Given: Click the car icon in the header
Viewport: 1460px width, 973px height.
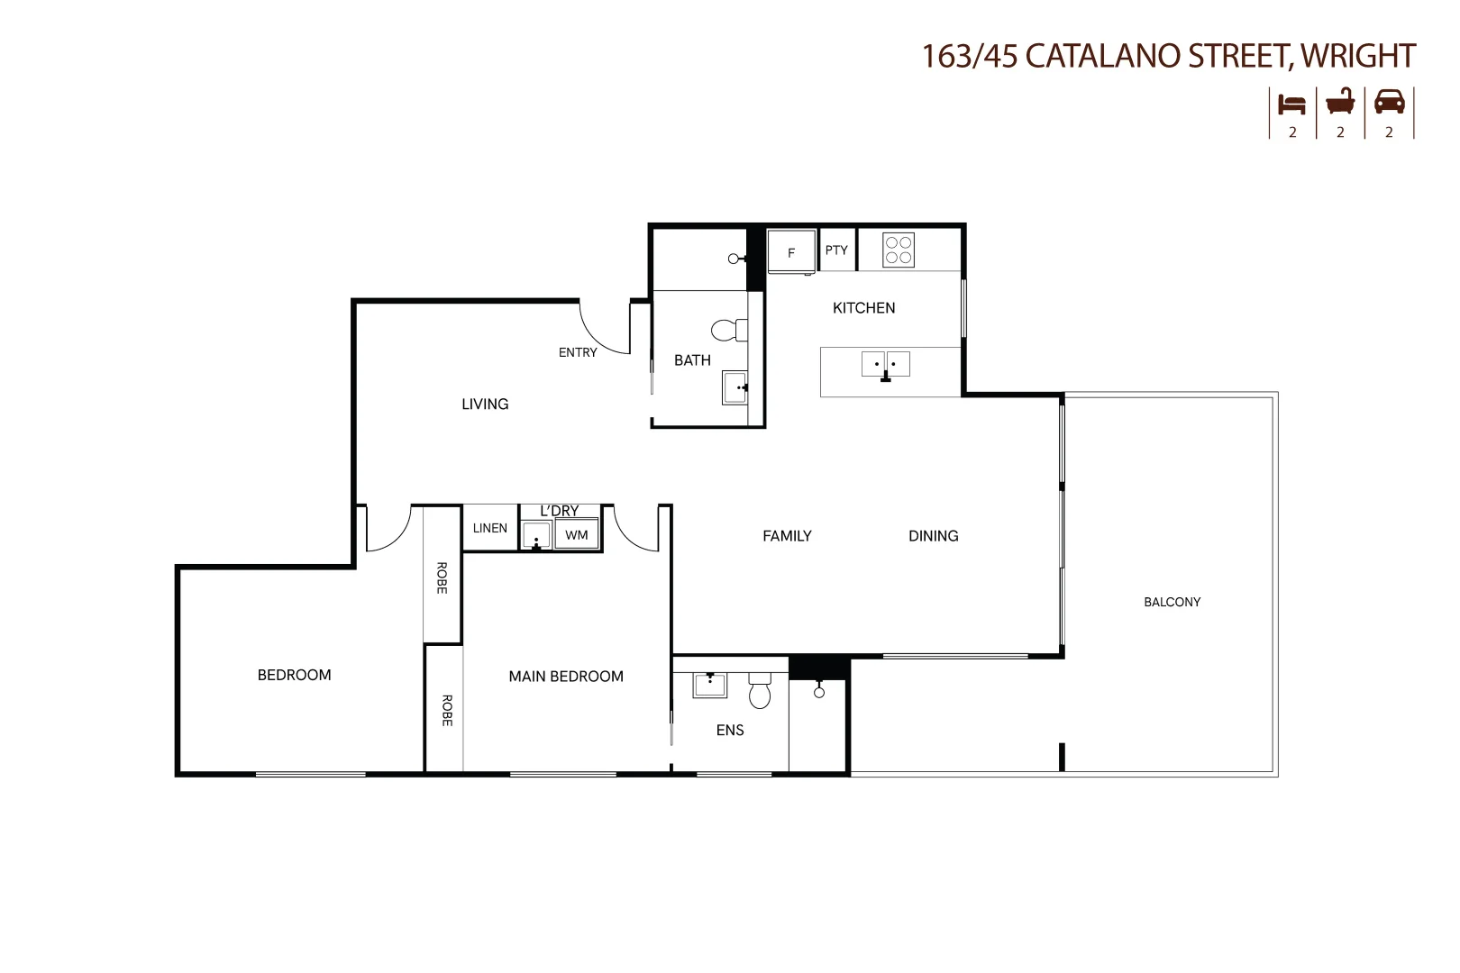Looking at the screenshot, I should click(1389, 102).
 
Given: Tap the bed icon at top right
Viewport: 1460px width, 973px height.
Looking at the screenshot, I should click(1291, 104).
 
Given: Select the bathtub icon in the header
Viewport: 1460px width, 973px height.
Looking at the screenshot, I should click(1340, 102).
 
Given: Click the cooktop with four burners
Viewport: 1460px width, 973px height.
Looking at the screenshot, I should click(899, 250).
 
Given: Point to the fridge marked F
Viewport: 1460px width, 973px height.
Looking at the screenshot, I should click(791, 251).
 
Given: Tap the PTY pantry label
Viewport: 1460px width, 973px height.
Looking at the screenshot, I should click(836, 250).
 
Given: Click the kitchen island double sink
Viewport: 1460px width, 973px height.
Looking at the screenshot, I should click(886, 365).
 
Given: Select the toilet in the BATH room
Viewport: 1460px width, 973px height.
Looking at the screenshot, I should click(728, 330).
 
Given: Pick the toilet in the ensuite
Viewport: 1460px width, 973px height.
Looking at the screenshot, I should click(760, 692).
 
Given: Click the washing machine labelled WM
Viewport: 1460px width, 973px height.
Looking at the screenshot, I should click(577, 535).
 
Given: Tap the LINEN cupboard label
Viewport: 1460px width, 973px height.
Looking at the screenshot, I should click(490, 528).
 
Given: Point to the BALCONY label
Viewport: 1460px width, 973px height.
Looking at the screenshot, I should click(1172, 602).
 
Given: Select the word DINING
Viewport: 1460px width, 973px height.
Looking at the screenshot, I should click(933, 536).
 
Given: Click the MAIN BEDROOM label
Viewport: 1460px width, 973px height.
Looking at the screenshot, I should click(566, 677).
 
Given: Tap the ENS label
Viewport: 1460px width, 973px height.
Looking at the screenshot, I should click(730, 731).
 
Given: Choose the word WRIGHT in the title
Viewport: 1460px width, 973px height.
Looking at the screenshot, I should click(1358, 56).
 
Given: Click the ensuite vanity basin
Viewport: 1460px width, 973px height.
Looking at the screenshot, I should click(710, 685).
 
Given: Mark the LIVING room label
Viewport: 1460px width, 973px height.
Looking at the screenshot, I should click(485, 405).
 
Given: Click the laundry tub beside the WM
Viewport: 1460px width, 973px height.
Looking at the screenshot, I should click(536, 536).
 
